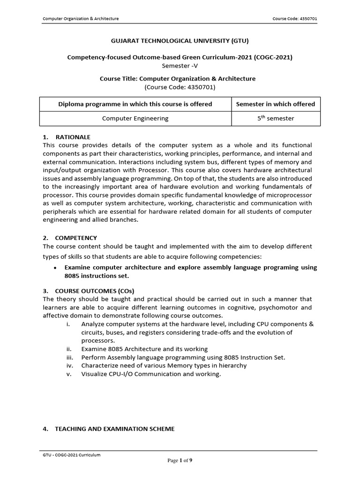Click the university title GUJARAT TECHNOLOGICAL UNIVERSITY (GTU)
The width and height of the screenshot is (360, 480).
(x=180, y=41)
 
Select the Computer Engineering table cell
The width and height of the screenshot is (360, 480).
(x=135, y=119)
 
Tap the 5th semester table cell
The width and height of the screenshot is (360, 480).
(x=276, y=119)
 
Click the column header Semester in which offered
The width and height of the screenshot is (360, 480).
(x=276, y=104)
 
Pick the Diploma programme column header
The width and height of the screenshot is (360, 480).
(x=135, y=104)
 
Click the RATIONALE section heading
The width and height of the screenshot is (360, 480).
(x=72, y=137)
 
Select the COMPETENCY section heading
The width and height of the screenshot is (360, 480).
(x=76, y=238)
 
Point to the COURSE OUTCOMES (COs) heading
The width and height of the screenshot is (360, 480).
(x=97, y=291)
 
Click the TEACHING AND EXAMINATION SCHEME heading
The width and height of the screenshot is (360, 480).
(x=115, y=429)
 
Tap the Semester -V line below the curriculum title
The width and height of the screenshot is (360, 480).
(x=180, y=66)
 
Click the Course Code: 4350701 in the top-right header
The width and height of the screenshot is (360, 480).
(x=295, y=19)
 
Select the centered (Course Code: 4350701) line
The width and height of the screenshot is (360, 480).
(x=180, y=87)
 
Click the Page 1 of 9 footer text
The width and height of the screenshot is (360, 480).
(x=180, y=460)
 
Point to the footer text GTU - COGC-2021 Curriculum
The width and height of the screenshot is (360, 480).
(x=71, y=455)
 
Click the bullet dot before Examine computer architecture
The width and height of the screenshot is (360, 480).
(x=55, y=268)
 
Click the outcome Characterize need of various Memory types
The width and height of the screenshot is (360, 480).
(x=164, y=365)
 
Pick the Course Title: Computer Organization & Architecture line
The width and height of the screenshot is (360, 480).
(x=180, y=79)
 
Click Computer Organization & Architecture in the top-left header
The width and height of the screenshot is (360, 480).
(x=81, y=19)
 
